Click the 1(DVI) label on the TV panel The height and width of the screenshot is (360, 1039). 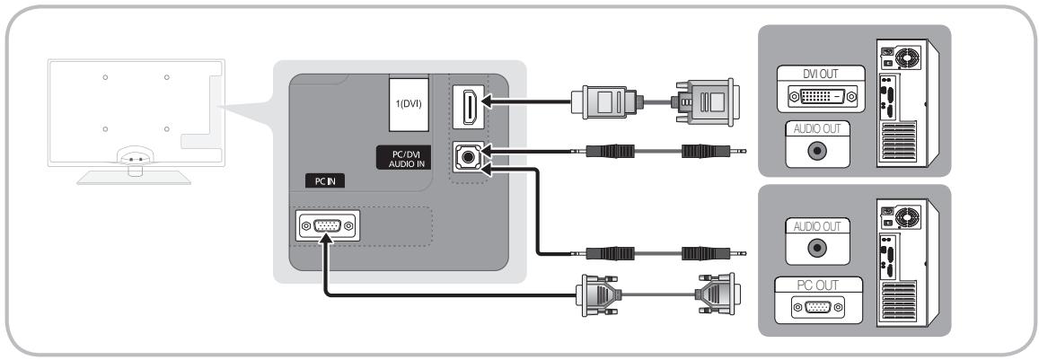(409, 104)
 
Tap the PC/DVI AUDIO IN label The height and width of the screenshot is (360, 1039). (402, 159)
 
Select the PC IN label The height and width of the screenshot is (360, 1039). (325, 181)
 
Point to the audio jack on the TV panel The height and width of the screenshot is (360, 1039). (468, 158)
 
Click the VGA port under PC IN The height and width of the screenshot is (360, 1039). (326, 226)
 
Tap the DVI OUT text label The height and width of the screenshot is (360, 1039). (820, 74)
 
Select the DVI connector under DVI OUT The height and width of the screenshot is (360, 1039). (821, 98)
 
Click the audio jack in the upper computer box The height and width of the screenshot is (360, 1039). (818, 151)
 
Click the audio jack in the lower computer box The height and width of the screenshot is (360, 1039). (818, 249)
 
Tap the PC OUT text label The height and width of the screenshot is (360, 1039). (818, 285)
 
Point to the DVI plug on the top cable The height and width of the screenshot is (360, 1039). (705, 101)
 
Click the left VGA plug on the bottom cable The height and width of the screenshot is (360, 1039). (599, 294)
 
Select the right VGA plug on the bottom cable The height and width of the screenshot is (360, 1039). (717, 294)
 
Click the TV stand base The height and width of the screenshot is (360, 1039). (135, 177)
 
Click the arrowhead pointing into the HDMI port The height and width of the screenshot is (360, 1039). (487, 101)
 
